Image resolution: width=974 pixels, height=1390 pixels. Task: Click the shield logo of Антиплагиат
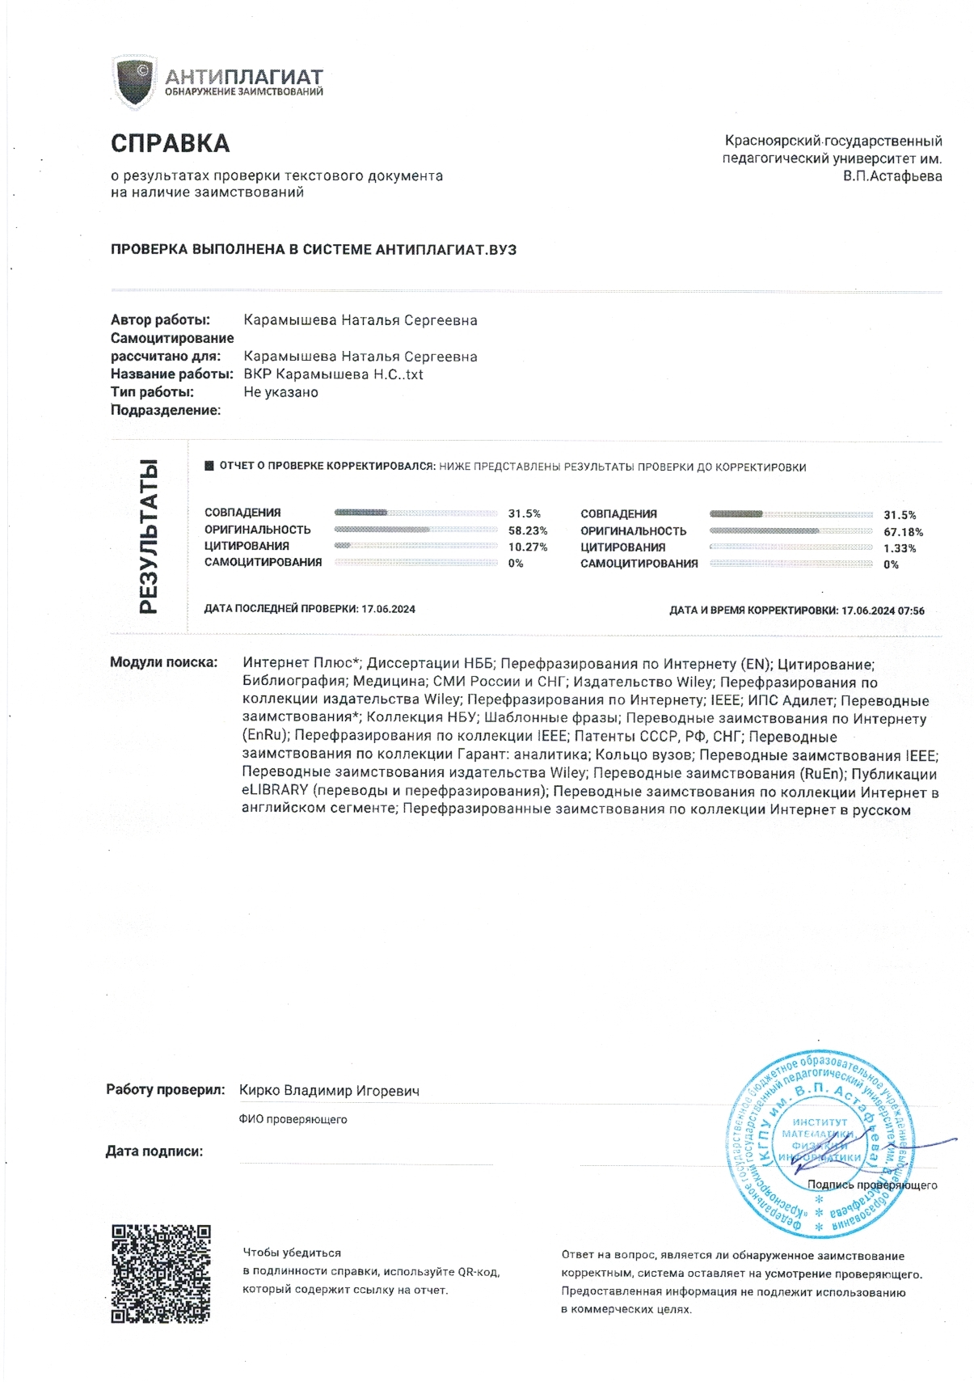tap(134, 81)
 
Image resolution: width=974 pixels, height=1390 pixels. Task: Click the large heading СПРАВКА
tap(171, 144)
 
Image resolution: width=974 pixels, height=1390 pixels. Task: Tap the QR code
tap(160, 1274)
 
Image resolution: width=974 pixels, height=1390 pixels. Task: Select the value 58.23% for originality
tap(528, 530)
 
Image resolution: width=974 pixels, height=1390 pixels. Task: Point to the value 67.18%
tap(903, 532)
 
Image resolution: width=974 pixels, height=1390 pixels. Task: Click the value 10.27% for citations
tap(528, 547)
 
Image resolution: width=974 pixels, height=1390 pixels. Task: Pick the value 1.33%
tap(900, 548)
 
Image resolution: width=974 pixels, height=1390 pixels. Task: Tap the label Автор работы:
tap(160, 320)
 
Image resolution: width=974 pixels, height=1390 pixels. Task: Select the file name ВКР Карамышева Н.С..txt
tap(333, 374)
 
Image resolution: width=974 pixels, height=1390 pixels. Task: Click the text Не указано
tap(280, 392)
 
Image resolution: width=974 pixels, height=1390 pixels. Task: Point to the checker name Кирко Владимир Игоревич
tap(329, 1091)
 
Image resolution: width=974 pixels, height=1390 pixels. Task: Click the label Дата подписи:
tap(154, 1151)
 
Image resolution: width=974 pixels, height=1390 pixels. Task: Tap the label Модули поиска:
tap(163, 663)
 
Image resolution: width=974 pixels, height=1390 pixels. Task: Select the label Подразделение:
tap(166, 410)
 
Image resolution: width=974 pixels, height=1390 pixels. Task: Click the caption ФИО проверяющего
tap(293, 1120)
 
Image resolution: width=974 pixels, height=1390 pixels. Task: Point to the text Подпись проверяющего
tap(872, 1185)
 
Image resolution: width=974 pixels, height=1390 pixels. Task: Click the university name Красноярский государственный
tap(833, 142)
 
